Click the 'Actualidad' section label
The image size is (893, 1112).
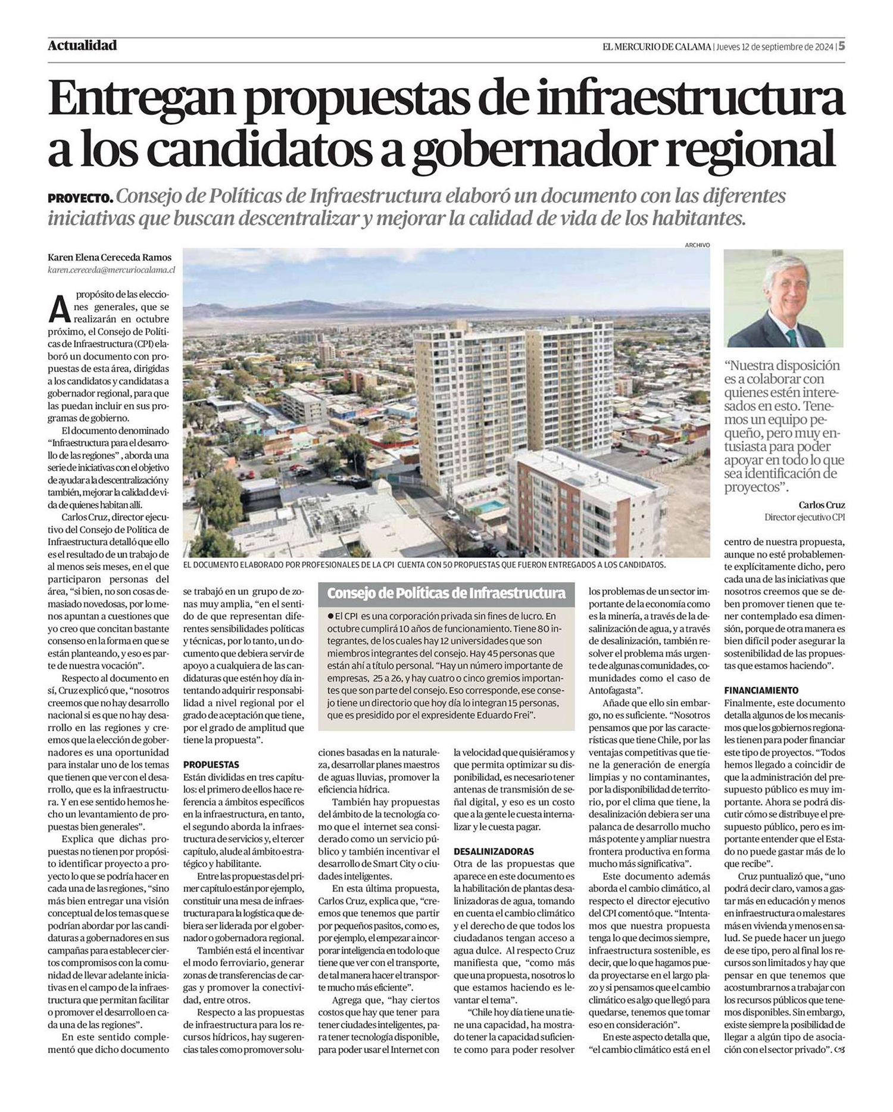(x=82, y=45)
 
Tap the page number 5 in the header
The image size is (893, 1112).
(x=842, y=46)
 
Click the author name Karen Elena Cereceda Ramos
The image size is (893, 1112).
(x=110, y=257)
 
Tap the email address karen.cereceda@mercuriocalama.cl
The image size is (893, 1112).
(x=111, y=270)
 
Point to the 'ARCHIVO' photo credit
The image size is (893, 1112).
(x=697, y=245)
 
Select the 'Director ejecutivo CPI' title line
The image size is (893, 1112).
(x=804, y=518)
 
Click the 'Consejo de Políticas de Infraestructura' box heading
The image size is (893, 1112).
(x=446, y=593)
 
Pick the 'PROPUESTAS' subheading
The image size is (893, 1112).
(x=211, y=764)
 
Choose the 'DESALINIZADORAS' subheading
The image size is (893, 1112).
(x=494, y=851)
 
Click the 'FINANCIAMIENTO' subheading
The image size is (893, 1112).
(x=761, y=691)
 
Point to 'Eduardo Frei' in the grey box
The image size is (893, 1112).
(x=508, y=715)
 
